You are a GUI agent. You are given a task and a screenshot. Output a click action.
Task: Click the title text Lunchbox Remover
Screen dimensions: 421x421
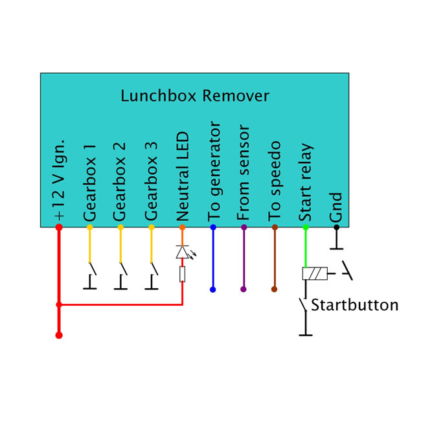point(195,97)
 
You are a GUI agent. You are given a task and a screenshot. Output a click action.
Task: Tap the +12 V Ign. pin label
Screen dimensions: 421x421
point(58,178)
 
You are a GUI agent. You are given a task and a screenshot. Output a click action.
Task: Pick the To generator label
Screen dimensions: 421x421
point(213,170)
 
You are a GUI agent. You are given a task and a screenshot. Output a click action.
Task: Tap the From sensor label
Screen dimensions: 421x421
point(244,172)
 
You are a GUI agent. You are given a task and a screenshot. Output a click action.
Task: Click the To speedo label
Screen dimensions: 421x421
point(275,180)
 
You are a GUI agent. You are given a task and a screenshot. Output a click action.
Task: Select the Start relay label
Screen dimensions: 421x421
point(306,183)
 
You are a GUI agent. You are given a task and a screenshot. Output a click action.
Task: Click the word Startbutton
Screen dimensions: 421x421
point(354,305)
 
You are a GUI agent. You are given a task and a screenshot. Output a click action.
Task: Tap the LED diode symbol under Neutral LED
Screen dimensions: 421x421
point(182,253)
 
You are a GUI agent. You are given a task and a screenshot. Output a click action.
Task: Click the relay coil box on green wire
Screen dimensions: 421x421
point(313,274)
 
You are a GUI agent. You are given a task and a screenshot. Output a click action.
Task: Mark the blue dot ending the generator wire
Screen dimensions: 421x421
point(213,290)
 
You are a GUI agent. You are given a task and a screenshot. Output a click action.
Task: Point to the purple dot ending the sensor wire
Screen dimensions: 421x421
point(244,290)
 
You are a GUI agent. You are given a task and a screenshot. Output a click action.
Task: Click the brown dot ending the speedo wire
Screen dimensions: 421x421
point(275,290)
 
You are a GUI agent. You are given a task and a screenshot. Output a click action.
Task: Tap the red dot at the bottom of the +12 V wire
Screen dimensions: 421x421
point(59,335)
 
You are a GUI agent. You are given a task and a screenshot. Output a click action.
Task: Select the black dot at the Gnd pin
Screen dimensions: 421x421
point(336,227)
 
